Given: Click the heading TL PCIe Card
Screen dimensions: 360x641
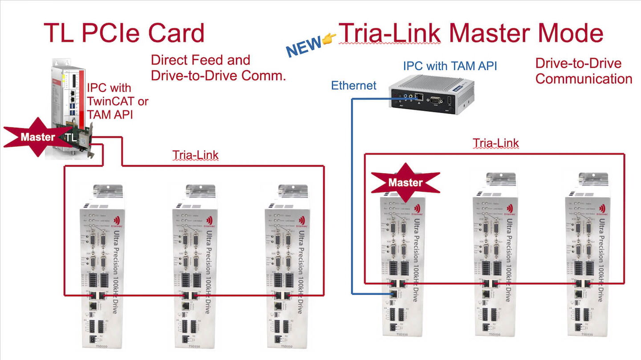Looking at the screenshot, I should tap(124, 32).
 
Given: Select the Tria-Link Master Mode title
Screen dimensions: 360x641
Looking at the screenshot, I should tap(471, 32).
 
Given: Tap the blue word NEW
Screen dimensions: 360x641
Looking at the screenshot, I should tap(304, 46).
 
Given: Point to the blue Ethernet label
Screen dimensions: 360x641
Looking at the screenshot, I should tap(354, 85).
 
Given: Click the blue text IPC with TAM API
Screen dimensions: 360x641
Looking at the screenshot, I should tap(450, 66).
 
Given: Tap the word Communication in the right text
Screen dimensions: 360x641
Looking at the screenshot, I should tap(584, 79).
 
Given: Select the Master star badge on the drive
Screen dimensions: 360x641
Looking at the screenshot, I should tap(405, 182).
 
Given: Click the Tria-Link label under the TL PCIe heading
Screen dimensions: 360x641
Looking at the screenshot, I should tap(195, 155).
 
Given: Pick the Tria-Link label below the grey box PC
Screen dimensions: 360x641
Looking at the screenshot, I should tap(495, 143).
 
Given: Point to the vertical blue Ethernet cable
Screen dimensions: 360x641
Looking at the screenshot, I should tap(352, 196).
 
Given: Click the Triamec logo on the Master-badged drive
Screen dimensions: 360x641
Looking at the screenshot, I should tap(417, 210).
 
